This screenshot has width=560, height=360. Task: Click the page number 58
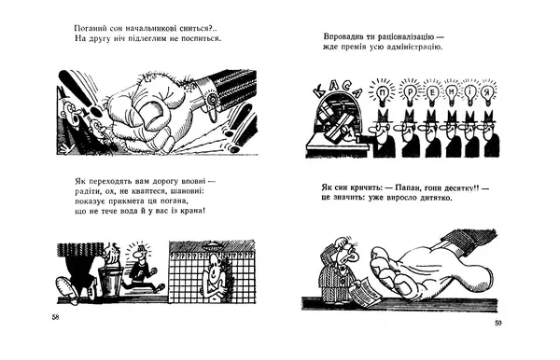click(55, 317)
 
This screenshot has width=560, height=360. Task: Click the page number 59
click(498, 323)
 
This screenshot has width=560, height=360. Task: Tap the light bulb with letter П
click(383, 93)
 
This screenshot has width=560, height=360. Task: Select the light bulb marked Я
click(486, 93)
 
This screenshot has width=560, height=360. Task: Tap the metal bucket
click(110, 279)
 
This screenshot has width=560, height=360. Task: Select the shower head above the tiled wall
click(212, 245)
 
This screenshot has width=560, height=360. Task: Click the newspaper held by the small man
click(365, 291)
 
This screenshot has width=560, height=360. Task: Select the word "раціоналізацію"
click(401, 36)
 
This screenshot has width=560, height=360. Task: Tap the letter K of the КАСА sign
click(319, 92)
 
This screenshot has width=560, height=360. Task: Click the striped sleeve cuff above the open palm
click(468, 237)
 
